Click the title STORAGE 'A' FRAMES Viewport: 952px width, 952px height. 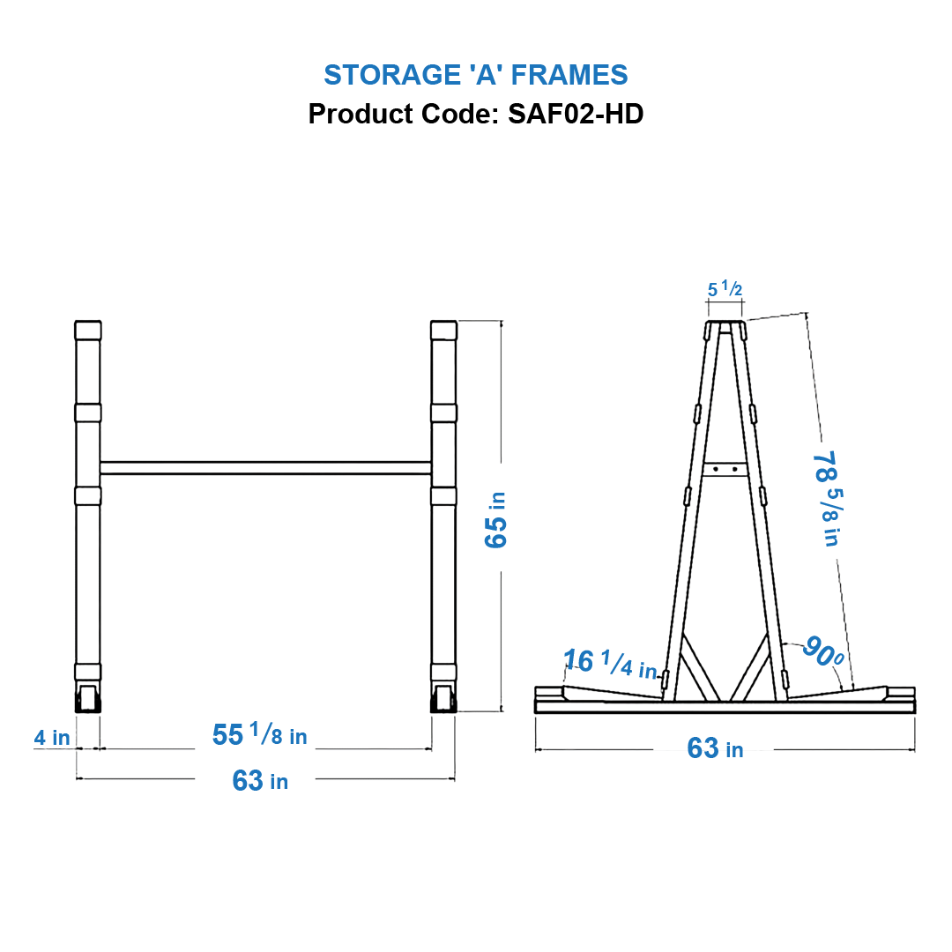click(475, 75)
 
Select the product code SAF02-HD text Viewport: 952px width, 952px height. click(475, 114)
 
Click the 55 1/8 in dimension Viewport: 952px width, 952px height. click(259, 734)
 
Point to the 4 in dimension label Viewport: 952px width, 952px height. click(52, 737)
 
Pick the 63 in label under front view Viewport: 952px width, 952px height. click(259, 780)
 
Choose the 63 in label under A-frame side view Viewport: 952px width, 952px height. click(714, 748)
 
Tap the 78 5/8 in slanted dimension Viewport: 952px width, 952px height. click(825, 498)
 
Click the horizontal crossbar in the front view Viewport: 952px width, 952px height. click(264, 468)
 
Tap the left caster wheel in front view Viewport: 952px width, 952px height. click(88, 698)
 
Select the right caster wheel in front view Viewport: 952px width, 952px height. click(443, 698)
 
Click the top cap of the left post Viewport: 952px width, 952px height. click(88, 331)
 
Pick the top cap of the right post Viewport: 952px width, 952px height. click(443, 331)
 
